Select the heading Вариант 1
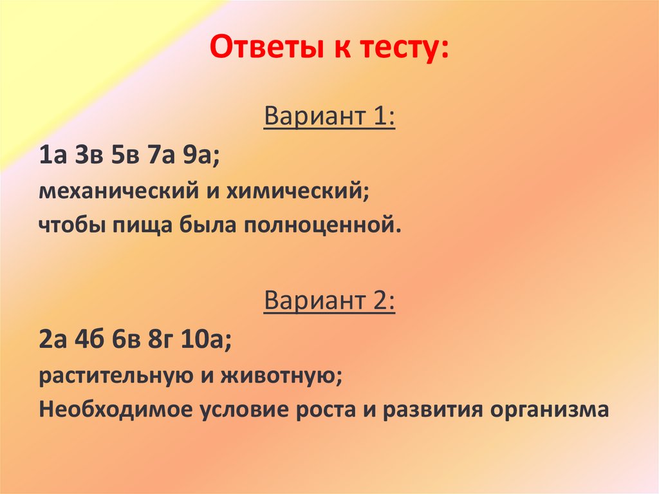329,119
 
